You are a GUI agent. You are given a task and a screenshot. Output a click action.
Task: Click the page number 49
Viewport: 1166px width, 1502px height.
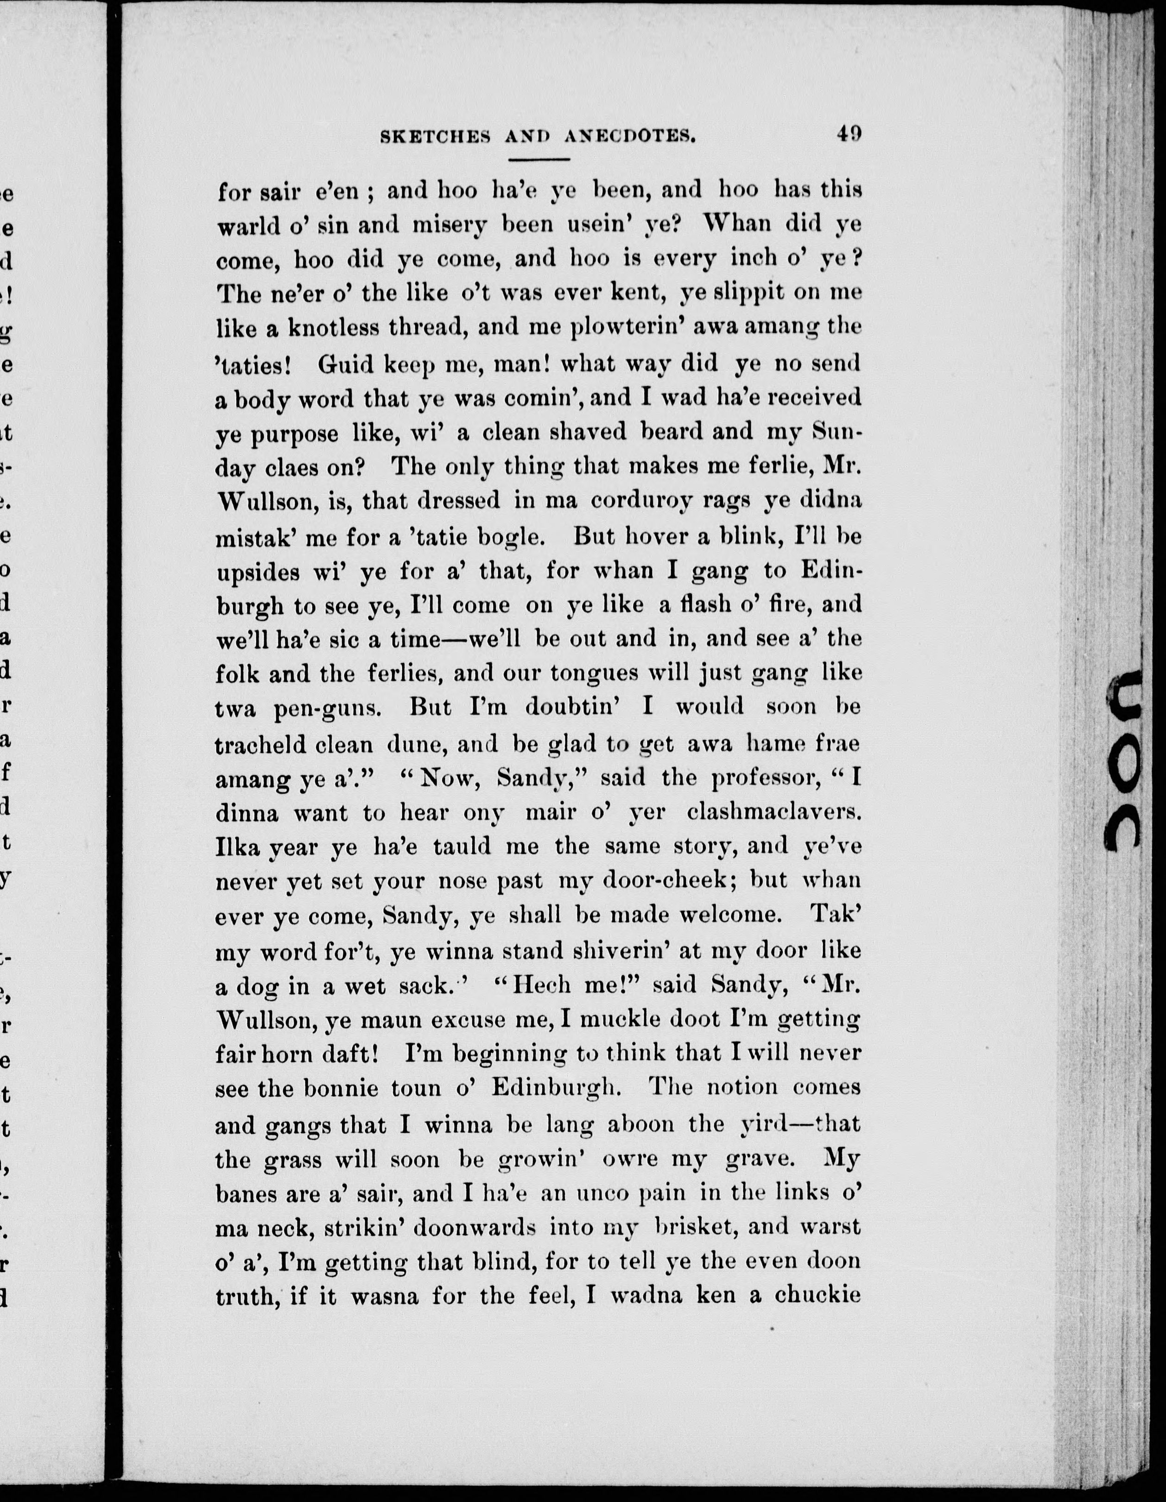(849, 133)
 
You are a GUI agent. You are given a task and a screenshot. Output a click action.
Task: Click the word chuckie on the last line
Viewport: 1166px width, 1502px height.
(817, 1296)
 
